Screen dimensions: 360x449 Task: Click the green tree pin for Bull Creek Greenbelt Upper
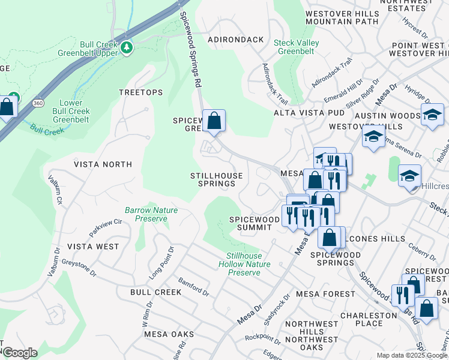click(x=126, y=47)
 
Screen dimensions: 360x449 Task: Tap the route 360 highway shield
click(x=38, y=103)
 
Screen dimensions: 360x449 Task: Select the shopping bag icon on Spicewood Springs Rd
click(x=214, y=121)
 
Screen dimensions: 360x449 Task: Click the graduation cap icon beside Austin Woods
click(x=432, y=115)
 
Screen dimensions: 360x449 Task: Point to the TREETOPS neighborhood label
click(x=140, y=92)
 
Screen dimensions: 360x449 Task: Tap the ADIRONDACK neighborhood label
click(x=235, y=40)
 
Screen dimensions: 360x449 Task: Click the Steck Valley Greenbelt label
click(x=296, y=47)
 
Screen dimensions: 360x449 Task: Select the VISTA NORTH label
click(x=103, y=164)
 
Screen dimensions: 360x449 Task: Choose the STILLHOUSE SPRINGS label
click(x=217, y=180)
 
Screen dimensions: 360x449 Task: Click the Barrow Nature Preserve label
click(x=146, y=215)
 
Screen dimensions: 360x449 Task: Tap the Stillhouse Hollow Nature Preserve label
click(x=244, y=264)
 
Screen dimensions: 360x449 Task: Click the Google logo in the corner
click(x=20, y=353)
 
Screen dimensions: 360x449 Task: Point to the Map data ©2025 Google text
click(x=411, y=355)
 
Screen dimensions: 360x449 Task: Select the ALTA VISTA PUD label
click(x=309, y=113)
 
